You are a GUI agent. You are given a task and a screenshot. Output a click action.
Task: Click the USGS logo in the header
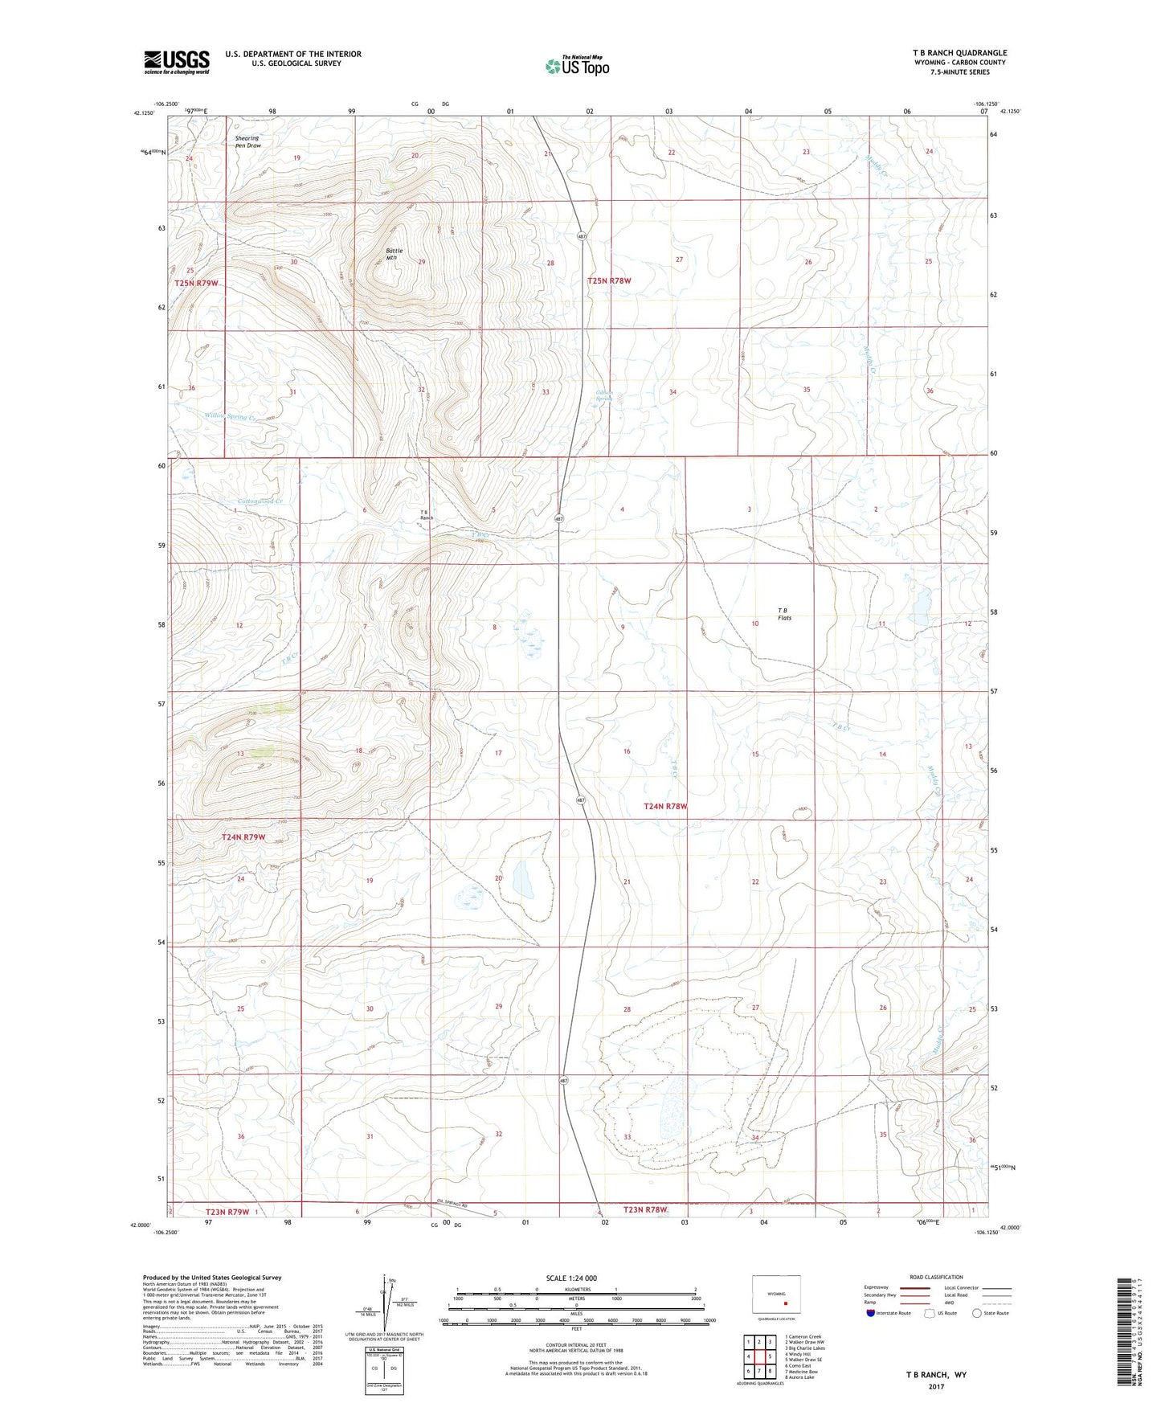click(177, 62)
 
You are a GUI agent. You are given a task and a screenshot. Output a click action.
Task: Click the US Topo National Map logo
click(576, 66)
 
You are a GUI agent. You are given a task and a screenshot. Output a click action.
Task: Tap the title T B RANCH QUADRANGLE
click(959, 53)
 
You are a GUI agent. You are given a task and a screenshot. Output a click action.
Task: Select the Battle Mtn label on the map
click(394, 255)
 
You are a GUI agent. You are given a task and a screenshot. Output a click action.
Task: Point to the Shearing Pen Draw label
click(247, 142)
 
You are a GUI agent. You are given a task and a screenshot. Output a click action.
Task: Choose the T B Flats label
click(783, 614)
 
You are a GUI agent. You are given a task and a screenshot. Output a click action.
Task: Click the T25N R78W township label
click(609, 281)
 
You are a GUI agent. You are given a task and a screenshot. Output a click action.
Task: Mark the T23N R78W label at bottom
click(645, 1209)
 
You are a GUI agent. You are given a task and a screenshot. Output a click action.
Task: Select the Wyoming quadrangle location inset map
click(776, 1295)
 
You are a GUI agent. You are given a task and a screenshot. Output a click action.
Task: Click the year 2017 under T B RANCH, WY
click(936, 1386)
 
